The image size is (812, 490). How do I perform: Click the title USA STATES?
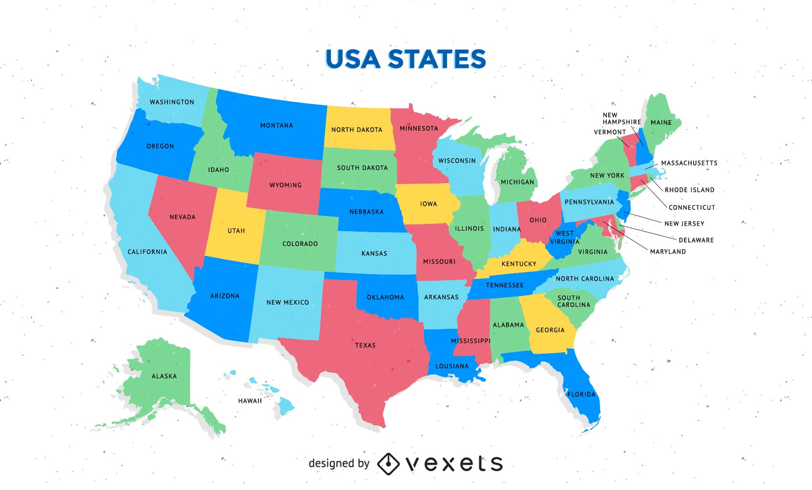pyautogui.click(x=405, y=59)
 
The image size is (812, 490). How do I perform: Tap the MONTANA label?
pyautogui.click(x=277, y=125)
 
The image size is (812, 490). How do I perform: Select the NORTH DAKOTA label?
pyautogui.click(x=357, y=130)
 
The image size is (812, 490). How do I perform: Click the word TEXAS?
pyautogui.click(x=365, y=345)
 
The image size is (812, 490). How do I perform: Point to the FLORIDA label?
pyautogui.click(x=581, y=394)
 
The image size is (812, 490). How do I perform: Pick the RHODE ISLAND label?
pyautogui.click(x=689, y=190)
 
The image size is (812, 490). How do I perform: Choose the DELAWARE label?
pyautogui.click(x=696, y=240)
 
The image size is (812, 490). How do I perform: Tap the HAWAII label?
pyautogui.click(x=250, y=401)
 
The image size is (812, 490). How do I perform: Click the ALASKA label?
pyautogui.click(x=164, y=376)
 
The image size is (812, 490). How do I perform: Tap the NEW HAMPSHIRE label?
pyautogui.click(x=622, y=119)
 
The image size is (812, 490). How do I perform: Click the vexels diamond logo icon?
pyautogui.click(x=388, y=464)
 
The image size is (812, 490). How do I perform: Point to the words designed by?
pyautogui.click(x=339, y=463)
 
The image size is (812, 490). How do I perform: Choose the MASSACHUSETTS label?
pyautogui.click(x=689, y=163)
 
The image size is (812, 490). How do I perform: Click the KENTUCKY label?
pyautogui.click(x=519, y=264)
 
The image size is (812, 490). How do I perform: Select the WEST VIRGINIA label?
pyautogui.click(x=564, y=237)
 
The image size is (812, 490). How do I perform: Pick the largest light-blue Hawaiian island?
pyautogui.click(x=286, y=406)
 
